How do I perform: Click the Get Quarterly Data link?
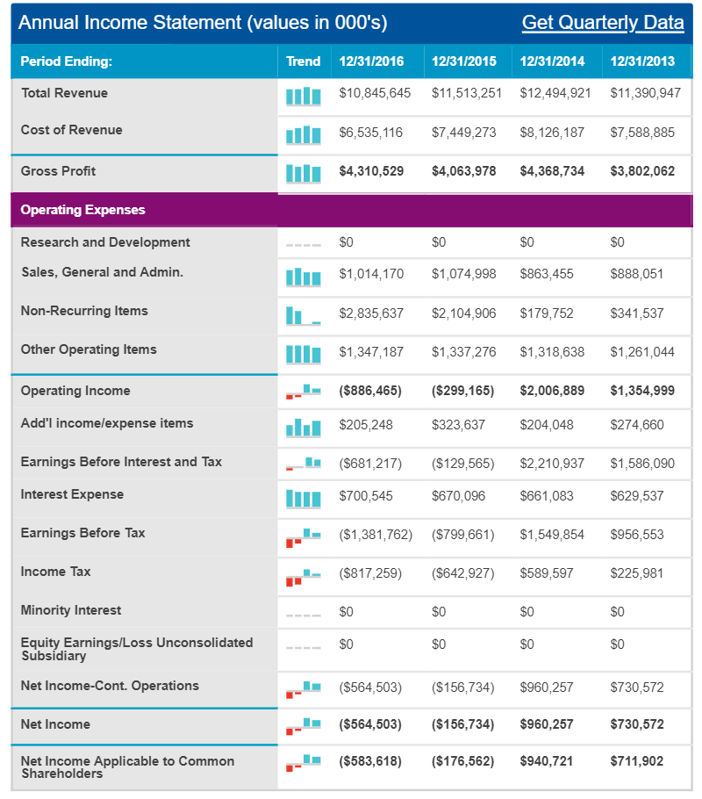(603, 23)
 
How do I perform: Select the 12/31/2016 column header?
(371, 61)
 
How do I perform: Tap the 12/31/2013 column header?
(642, 61)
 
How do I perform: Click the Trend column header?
(303, 61)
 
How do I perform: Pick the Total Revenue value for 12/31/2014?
(555, 93)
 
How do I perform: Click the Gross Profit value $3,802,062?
(642, 171)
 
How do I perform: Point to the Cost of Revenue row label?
(71, 130)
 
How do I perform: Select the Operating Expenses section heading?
(83, 210)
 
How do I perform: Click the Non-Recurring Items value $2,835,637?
(371, 313)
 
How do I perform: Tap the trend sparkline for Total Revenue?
(303, 97)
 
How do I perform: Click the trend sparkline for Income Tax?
(303, 578)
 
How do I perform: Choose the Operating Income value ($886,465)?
(370, 391)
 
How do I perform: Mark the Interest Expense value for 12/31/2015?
(458, 496)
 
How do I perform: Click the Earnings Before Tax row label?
(83, 533)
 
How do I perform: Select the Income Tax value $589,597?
(547, 573)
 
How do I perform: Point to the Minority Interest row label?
(71, 610)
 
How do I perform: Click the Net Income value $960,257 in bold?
(547, 724)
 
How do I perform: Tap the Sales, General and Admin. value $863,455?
(547, 274)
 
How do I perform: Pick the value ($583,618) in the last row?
(370, 761)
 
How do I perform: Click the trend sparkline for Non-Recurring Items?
(303, 315)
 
